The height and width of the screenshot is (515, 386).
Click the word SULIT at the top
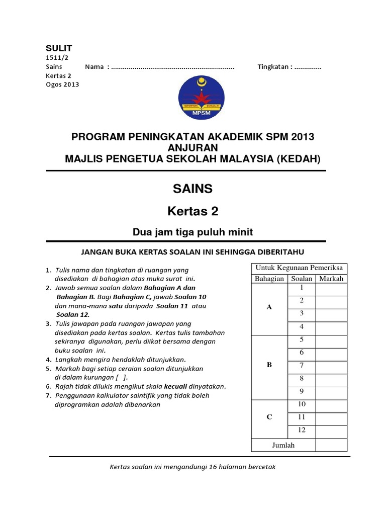(59, 48)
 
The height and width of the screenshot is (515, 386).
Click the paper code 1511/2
(55, 58)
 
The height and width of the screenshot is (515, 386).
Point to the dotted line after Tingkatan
(308, 67)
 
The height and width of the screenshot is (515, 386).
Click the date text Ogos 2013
(62, 84)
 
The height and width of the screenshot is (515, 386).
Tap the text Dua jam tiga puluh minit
(192, 232)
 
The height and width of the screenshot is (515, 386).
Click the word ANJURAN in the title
(192, 148)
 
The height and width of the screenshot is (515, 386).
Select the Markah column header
(331, 279)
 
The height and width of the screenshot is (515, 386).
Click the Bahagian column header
(269, 279)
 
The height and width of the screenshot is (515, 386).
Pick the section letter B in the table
(269, 365)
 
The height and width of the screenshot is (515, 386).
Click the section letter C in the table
(269, 417)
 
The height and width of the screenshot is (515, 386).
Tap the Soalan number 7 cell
(302, 365)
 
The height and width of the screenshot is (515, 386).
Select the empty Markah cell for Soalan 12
(331, 431)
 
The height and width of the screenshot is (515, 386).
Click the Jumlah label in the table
(283, 445)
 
